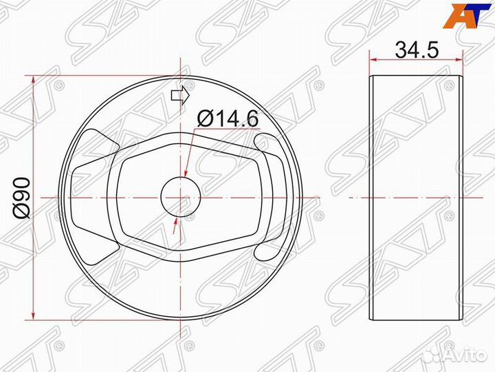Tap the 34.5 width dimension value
(x=417, y=50)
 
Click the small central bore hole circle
(x=180, y=197)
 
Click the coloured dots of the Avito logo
(x=432, y=354)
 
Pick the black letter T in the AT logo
(x=478, y=15)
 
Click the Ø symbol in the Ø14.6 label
(x=203, y=118)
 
